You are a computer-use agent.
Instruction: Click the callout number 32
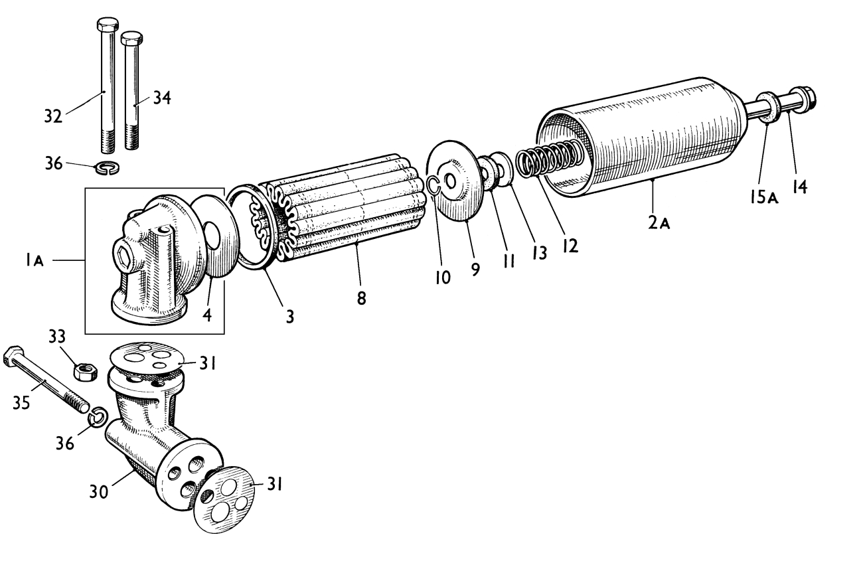53,116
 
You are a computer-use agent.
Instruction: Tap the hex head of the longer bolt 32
108,25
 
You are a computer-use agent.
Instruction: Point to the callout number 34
162,98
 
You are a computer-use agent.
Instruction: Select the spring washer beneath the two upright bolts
108,168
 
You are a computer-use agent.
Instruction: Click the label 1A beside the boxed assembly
35,261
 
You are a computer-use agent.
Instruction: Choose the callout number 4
207,315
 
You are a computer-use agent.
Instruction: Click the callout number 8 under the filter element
361,297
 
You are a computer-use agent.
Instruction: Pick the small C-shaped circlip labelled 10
433,185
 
